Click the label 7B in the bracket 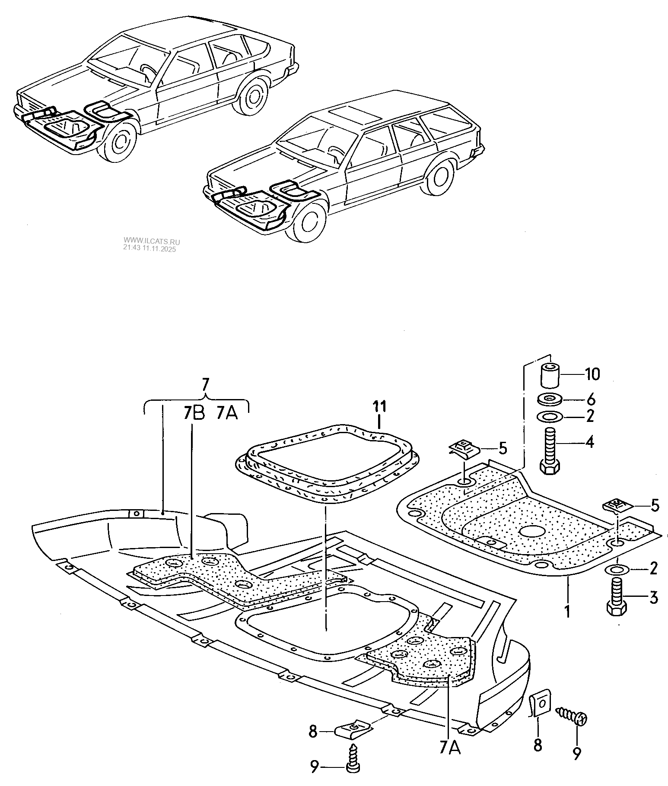[193, 413]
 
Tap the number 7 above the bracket [206, 383]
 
